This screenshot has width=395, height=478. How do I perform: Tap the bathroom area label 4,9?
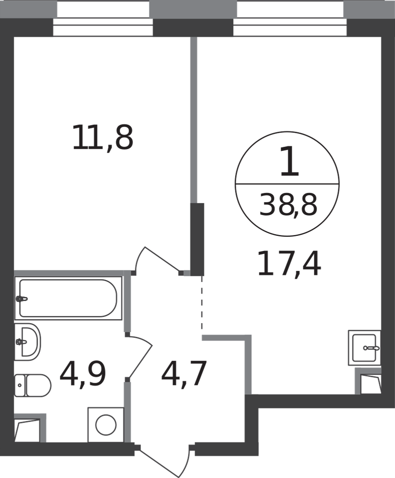click(83, 374)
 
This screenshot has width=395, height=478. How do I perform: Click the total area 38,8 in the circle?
click(288, 205)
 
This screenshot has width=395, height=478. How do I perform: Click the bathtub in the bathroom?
click(68, 298)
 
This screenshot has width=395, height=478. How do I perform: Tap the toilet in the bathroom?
click(33, 385)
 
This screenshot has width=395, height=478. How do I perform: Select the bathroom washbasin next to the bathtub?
click(27, 341)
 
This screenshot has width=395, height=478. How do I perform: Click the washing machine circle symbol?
click(106, 424)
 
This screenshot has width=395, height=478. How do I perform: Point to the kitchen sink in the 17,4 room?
click(364, 347)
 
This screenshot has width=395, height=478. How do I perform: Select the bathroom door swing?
click(139, 357)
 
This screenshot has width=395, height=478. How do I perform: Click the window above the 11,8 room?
click(103, 18)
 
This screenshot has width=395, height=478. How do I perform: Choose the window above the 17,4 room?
click(290, 18)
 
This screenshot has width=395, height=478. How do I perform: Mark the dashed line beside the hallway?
click(202, 303)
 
